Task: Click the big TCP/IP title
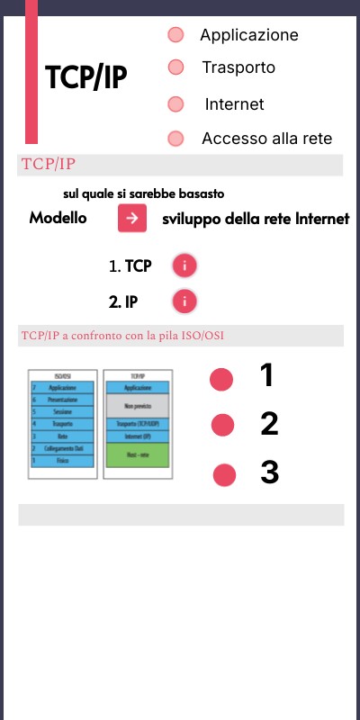click(x=86, y=78)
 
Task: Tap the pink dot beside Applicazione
click(x=175, y=35)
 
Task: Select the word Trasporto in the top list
click(x=238, y=67)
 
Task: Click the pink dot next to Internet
click(x=175, y=104)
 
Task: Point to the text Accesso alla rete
click(x=266, y=139)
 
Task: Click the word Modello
click(x=58, y=219)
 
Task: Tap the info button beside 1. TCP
click(x=184, y=265)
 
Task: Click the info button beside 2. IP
click(x=184, y=301)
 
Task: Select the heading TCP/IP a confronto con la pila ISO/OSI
click(x=122, y=336)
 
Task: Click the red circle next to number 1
click(x=221, y=380)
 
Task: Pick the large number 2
click(x=269, y=423)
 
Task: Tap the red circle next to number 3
click(x=225, y=474)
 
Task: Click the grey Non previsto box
click(x=138, y=406)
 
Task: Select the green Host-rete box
click(x=138, y=455)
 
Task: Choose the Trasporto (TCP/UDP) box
click(x=138, y=424)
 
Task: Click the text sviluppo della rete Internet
click(x=256, y=219)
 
